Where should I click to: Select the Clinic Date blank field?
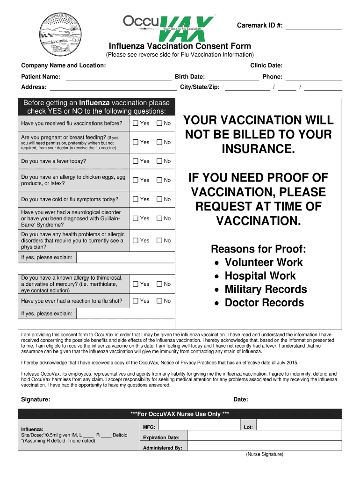pyautogui.click(x=314, y=65)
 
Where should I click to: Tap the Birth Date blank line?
pyautogui.click(x=233, y=77)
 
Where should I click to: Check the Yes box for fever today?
pyautogui.click(x=136, y=161)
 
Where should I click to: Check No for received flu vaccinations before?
pyautogui.click(x=159, y=123)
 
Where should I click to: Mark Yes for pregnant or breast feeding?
pyautogui.click(x=136, y=142)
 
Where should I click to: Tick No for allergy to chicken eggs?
pyautogui.click(x=159, y=180)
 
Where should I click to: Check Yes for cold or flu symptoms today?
pyautogui.click(x=136, y=199)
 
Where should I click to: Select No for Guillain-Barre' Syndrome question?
pyautogui.click(x=159, y=218)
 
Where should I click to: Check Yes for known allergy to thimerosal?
pyautogui.click(x=136, y=284)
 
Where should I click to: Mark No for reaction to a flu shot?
pyautogui.click(x=159, y=301)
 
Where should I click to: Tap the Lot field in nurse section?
pyautogui.click(x=299, y=427)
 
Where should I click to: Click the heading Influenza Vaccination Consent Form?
pyautogui.click(x=180, y=46)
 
